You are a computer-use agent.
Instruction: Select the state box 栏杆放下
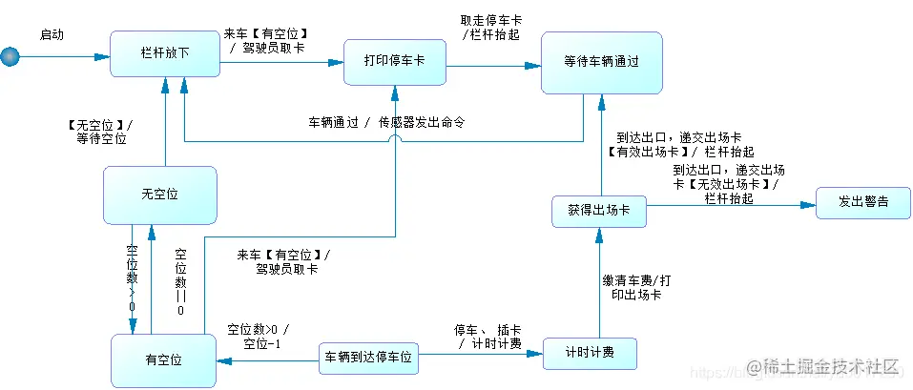pyautogui.click(x=165, y=53)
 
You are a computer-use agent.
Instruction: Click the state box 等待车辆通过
pyautogui.click(x=601, y=62)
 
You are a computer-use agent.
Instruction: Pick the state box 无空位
pyautogui.click(x=160, y=195)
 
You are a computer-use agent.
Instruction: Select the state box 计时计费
pyautogui.click(x=589, y=353)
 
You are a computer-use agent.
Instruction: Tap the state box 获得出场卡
pyautogui.click(x=598, y=211)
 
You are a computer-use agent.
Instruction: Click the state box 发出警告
pyautogui.click(x=863, y=202)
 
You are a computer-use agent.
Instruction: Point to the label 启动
pyautogui.click(x=52, y=34)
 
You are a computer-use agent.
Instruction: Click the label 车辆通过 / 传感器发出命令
pyautogui.click(x=385, y=123)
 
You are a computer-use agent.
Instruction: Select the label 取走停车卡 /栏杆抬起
pyautogui.click(x=490, y=27)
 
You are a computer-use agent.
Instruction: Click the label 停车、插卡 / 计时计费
pyautogui.click(x=489, y=337)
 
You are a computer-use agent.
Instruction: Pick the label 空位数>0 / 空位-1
pyautogui.click(x=258, y=337)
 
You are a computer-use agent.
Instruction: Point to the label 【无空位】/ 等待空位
pyautogui.click(x=100, y=132)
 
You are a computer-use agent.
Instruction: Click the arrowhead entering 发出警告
pyautogui.click(x=810, y=204)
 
